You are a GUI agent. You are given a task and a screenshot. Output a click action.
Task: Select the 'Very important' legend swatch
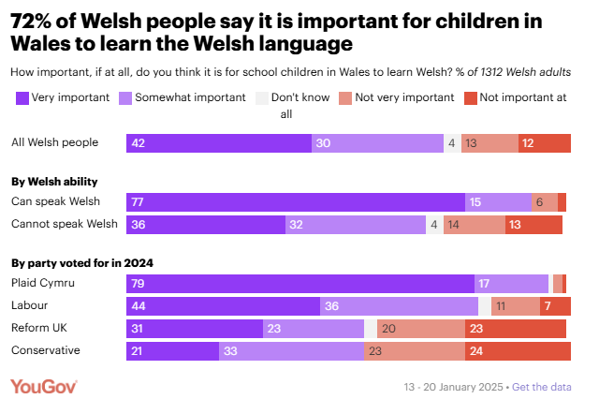[22, 96]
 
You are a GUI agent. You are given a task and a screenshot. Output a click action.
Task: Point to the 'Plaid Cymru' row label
[42, 283]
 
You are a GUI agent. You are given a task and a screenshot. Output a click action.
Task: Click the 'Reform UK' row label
[38, 328]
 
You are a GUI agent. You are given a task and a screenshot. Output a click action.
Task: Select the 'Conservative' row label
[45, 350]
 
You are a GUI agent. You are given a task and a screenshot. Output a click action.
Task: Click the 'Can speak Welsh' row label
[54, 201]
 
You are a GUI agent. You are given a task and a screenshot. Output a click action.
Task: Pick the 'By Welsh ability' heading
[53, 182]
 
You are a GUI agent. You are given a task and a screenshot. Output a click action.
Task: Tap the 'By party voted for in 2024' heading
[81, 263]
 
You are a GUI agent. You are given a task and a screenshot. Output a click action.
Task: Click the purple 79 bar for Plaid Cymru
[300, 283]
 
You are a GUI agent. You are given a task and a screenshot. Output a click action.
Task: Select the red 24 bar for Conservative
[518, 351]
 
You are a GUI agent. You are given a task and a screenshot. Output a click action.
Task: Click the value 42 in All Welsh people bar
[139, 143]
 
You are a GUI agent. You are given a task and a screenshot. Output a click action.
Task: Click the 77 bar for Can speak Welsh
[296, 202]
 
